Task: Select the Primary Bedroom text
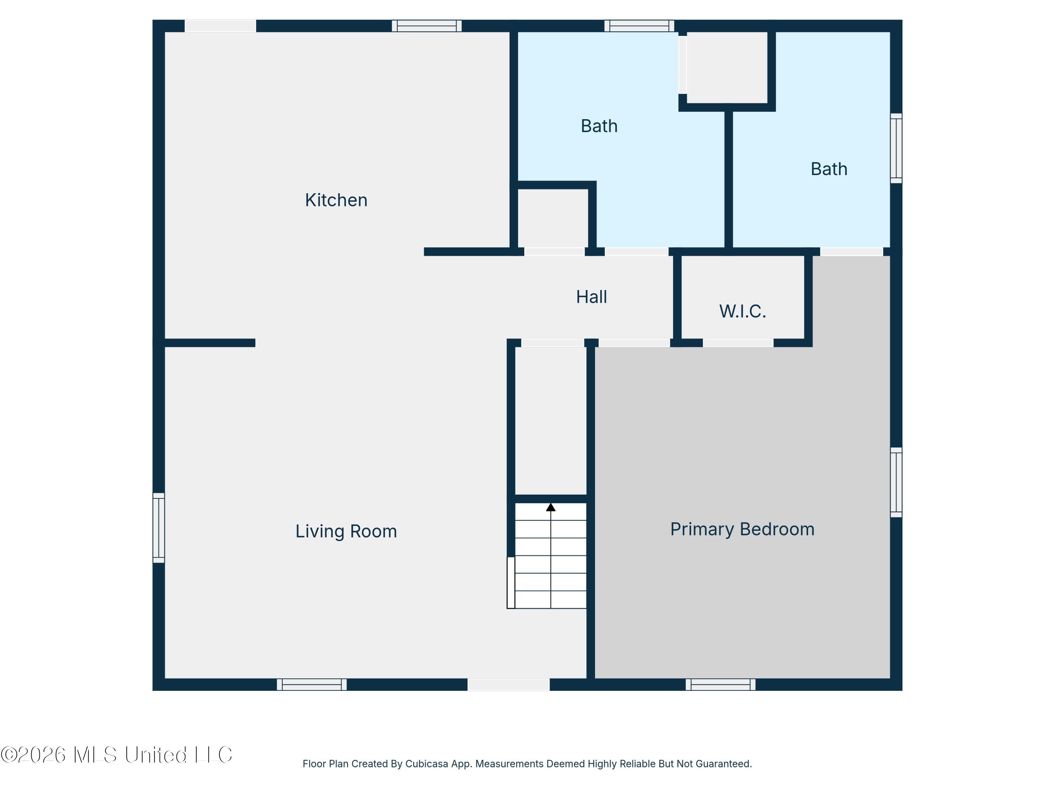[x=742, y=529]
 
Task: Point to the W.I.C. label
[x=743, y=311]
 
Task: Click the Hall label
[x=592, y=297]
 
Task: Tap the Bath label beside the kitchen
[x=599, y=126]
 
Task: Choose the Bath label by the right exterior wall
[x=829, y=169]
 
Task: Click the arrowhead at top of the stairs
[x=551, y=507]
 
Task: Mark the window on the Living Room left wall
[x=159, y=528]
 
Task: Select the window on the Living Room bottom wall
[x=312, y=685]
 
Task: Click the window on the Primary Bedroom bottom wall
[x=721, y=685]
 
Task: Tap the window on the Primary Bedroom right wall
[x=896, y=482]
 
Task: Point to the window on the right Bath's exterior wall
[x=896, y=148]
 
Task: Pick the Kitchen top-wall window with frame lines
[x=427, y=26]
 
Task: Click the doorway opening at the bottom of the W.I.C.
[x=738, y=343]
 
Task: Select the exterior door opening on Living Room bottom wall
[x=509, y=685]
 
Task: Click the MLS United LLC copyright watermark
[x=116, y=755]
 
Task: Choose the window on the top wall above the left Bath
[x=640, y=26]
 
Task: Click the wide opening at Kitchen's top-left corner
[x=220, y=26]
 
